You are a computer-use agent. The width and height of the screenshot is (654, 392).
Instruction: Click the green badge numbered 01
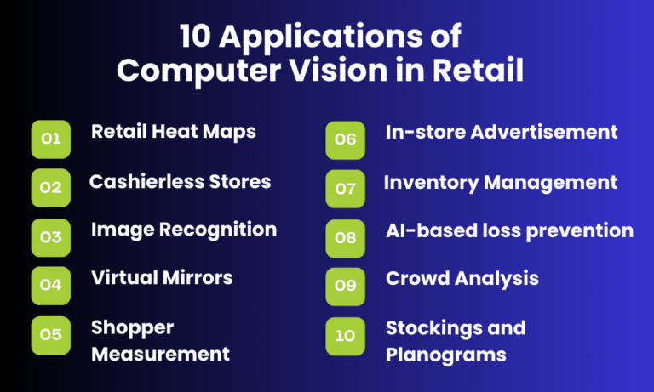(51, 139)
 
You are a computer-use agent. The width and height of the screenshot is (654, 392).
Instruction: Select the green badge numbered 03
(51, 237)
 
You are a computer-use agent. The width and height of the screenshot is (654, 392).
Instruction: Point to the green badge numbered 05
(51, 334)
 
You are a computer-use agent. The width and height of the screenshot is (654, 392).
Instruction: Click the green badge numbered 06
(345, 139)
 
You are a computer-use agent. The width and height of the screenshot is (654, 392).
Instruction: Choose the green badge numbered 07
(345, 188)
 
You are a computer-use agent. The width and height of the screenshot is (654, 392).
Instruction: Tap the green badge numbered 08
(345, 237)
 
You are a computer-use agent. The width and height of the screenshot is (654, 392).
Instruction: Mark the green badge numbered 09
(345, 286)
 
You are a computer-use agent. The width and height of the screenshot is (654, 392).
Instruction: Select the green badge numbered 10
(345, 335)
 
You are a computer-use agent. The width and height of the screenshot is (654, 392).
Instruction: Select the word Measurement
(160, 354)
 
